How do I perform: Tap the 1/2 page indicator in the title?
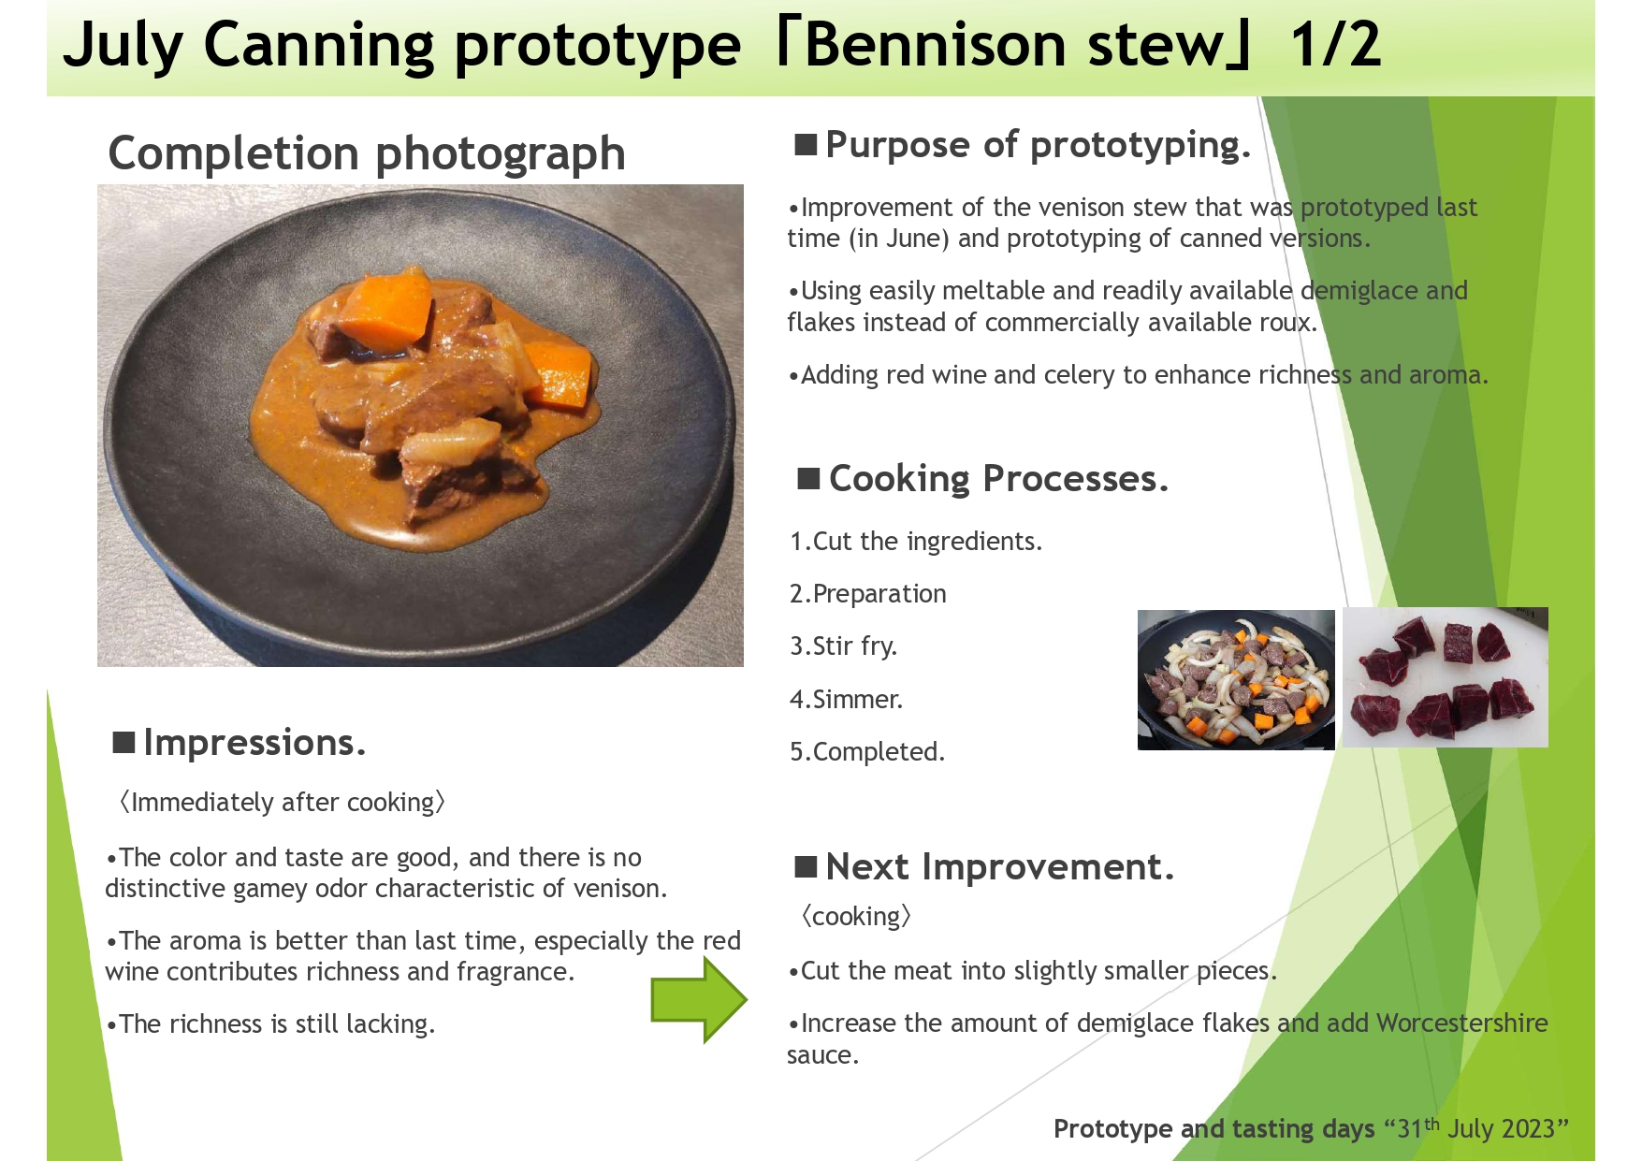coord(1335,44)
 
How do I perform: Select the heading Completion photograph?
coord(367,154)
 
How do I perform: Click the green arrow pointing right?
coord(699,999)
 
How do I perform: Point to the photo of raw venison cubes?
coord(1445,677)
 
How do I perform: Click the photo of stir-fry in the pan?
coord(1236,680)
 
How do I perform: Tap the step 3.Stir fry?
coord(843,646)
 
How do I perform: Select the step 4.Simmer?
coord(846,699)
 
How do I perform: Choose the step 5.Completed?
coord(867,751)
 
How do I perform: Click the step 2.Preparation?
coord(868,594)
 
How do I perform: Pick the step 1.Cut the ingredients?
coord(916,542)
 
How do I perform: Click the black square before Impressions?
coord(124,743)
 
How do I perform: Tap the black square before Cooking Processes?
coord(808,479)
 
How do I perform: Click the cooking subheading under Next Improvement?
coord(855,917)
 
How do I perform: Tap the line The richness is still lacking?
coord(270,1024)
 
